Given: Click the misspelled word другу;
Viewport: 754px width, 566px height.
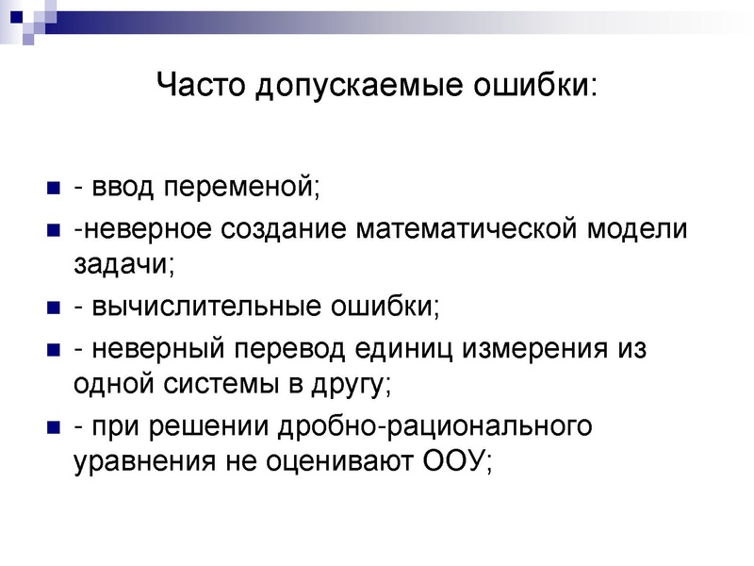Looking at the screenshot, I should pyautogui.click(x=344, y=386).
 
